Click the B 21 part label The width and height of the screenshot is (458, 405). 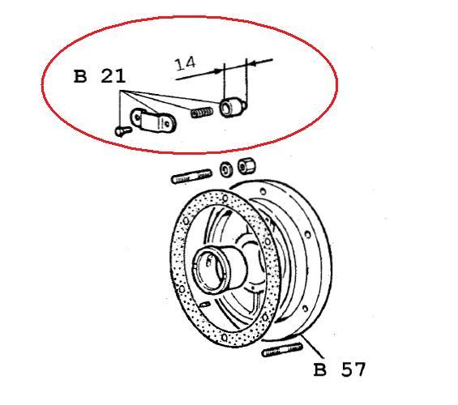click(100, 77)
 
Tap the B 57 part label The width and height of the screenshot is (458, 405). click(339, 369)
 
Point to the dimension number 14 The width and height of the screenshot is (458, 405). click(185, 64)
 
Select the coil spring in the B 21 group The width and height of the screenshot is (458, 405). click(202, 113)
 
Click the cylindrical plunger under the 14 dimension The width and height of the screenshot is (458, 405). click(233, 108)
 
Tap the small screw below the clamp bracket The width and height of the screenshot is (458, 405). click(122, 130)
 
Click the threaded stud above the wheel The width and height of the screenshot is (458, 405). click(191, 177)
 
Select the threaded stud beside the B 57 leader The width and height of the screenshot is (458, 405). click(282, 349)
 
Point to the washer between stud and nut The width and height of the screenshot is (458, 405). click(226, 169)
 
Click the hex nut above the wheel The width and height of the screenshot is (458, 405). click(246, 166)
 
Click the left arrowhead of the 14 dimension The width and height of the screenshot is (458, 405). click(217, 70)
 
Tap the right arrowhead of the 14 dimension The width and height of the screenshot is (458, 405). click(253, 62)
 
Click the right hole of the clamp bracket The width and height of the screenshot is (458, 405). click(167, 124)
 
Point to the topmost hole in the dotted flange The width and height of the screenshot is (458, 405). click(225, 198)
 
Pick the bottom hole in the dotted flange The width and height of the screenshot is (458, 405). click(224, 338)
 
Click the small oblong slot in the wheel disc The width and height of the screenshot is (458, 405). click(204, 305)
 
